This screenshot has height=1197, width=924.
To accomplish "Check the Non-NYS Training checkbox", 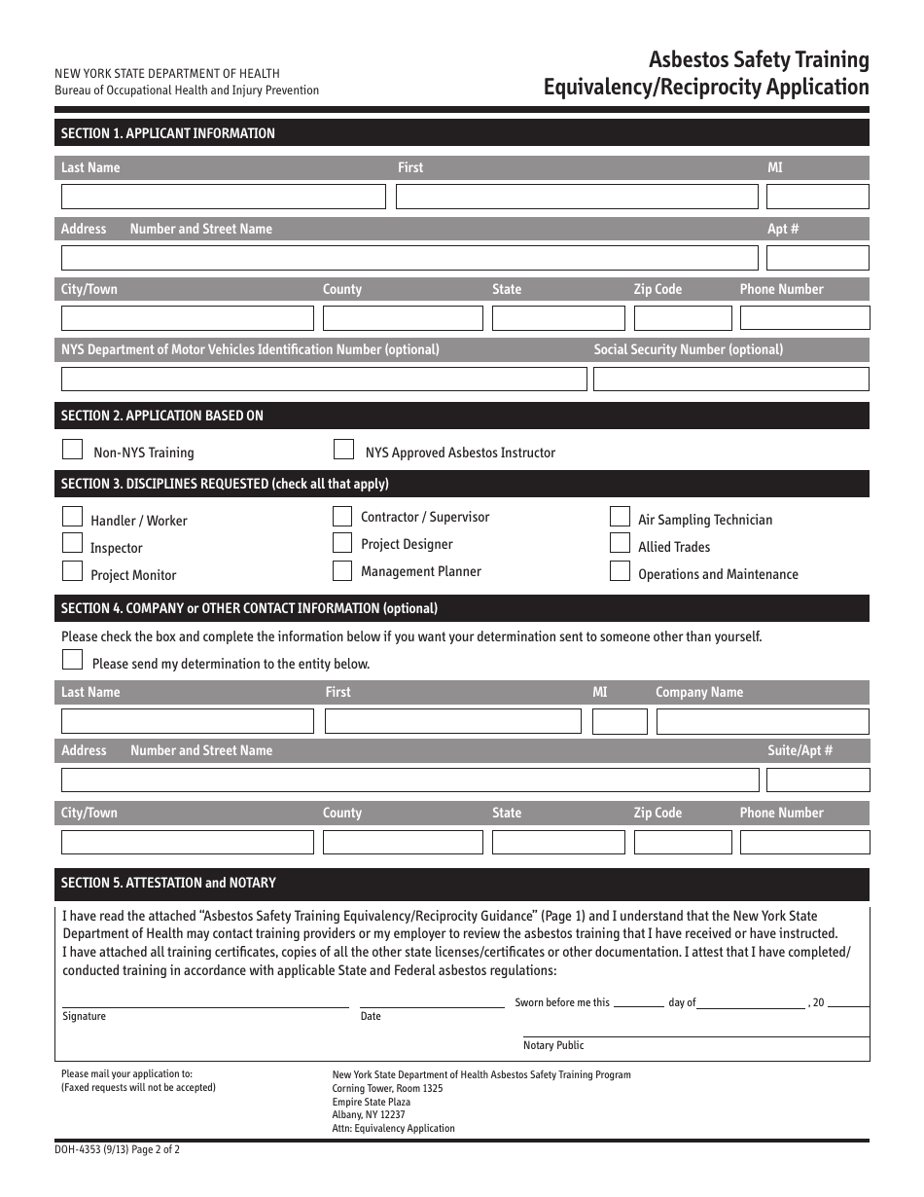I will point(72,450).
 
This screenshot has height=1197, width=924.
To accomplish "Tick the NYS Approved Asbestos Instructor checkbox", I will point(343,450).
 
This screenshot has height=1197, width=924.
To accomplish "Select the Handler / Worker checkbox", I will point(72,516).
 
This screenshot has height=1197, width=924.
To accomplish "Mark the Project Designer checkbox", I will point(342,543).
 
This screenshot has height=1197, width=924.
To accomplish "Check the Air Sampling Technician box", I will point(620,516).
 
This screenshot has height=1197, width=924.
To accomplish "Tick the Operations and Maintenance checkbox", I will point(620,571).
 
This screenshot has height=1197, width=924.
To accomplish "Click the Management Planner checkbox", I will point(342,570).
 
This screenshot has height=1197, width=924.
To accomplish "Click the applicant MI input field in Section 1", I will point(817,197).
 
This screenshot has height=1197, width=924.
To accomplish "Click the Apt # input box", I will point(817,258).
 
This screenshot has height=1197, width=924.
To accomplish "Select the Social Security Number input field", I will point(730,379).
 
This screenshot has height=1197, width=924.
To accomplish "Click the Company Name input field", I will point(762,721).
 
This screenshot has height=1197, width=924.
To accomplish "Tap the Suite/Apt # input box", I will point(817,780).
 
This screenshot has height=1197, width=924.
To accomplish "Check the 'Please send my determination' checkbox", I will point(72,660).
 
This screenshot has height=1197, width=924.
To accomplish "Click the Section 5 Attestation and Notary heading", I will point(168,883).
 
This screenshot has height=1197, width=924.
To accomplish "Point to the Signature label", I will point(85,1016).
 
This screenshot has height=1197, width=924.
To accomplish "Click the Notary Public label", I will point(553,1045).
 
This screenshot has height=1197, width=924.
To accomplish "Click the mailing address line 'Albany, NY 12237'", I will point(369,1115).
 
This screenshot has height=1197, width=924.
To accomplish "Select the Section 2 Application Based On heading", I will point(162,416).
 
